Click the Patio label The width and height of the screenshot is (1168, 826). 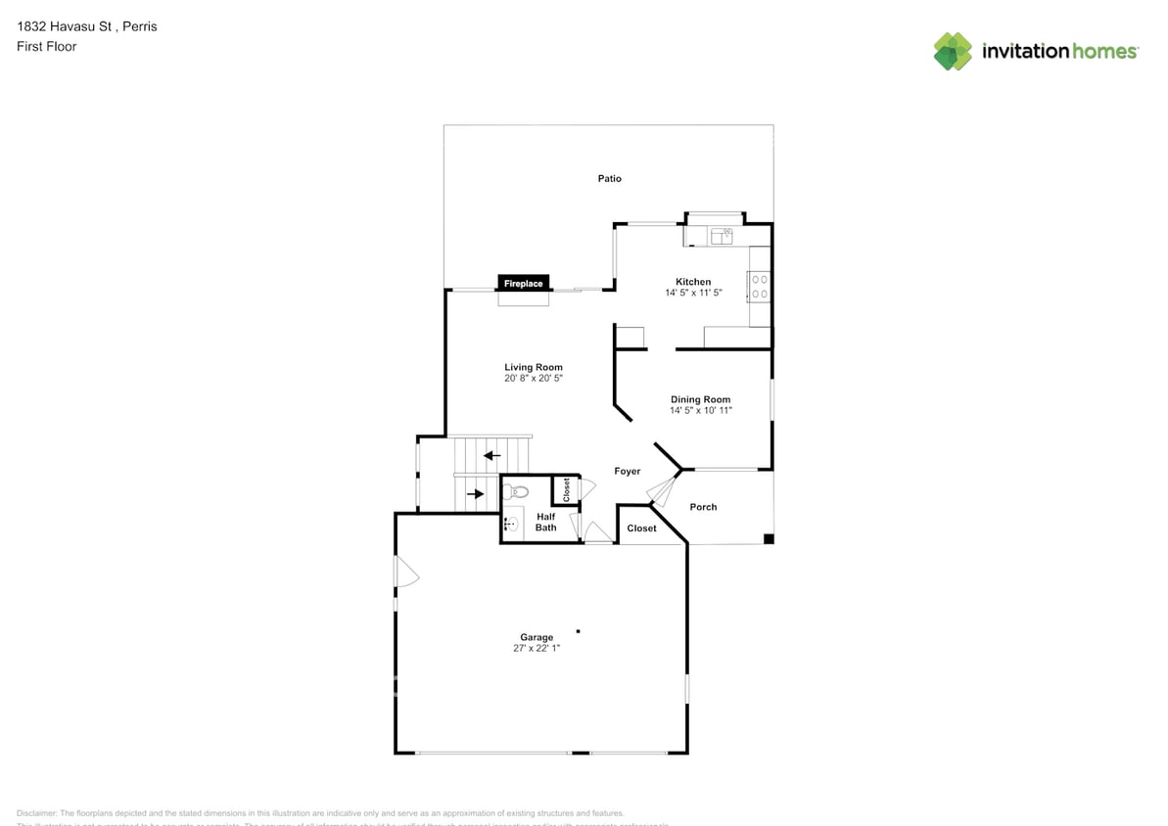[610, 179]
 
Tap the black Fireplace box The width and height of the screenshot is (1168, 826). [523, 283]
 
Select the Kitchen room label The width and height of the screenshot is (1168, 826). [693, 282]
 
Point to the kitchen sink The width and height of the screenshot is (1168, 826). [723, 235]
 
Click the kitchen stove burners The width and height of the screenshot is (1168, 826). [759, 287]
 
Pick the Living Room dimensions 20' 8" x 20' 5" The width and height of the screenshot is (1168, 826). [534, 378]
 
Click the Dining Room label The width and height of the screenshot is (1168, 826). [700, 399]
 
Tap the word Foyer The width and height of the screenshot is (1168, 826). [628, 472]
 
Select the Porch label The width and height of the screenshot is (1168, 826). [703, 507]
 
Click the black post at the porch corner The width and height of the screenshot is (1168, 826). [769, 538]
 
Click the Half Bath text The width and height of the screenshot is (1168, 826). [545, 523]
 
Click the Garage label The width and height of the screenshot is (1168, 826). [537, 637]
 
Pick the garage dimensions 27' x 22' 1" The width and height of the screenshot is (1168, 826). [537, 648]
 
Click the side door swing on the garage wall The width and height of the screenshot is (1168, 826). [405, 573]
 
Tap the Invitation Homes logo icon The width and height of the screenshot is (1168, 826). [953, 51]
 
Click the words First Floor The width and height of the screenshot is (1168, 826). [46, 46]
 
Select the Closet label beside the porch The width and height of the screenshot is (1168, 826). [642, 528]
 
